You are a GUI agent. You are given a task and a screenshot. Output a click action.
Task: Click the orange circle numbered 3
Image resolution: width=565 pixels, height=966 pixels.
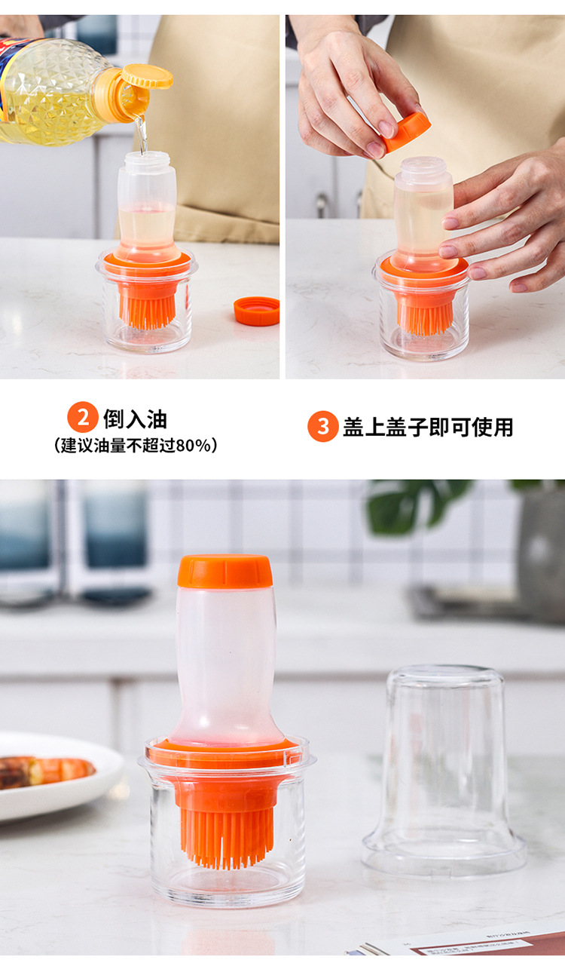tap(322, 427)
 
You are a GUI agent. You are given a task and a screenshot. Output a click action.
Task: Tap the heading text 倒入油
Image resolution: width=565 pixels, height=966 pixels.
tap(136, 419)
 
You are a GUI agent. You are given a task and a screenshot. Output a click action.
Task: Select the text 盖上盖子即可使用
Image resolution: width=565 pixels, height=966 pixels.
tap(428, 428)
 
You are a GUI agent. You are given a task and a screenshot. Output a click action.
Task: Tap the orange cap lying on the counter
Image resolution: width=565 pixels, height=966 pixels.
tap(256, 311)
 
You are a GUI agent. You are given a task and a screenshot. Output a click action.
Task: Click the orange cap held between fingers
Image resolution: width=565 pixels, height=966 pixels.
tap(407, 131)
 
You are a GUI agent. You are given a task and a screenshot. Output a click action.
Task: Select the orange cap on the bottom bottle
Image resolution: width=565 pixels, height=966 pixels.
tap(225, 571)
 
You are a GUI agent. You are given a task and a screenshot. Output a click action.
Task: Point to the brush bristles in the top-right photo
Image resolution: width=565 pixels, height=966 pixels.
tap(425, 317)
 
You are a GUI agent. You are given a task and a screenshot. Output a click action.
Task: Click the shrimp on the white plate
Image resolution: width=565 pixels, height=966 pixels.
tap(45, 771)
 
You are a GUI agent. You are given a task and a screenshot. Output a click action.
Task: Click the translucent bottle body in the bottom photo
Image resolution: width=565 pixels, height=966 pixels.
tap(225, 664)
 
